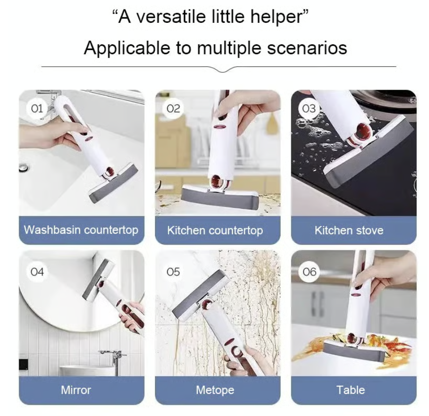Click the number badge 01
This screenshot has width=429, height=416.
coord(37,108)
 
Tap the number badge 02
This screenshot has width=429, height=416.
coord(173,108)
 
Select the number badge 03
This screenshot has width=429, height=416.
coord(309,108)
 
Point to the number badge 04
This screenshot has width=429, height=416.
coord(37,272)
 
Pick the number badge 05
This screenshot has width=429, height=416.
coord(173,272)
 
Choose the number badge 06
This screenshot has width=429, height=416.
coord(309,272)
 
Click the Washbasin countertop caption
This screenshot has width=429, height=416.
coord(81,230)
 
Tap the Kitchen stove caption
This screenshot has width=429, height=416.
coord(349,230)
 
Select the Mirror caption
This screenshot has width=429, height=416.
coord(76,390)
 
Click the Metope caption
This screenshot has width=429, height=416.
coord(215,390)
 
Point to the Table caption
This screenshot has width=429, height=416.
coord(351,390)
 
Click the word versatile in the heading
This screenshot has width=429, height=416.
coord(171,16)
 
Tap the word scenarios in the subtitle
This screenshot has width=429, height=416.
coord(307,48)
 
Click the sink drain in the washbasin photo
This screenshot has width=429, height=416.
coord(23,167)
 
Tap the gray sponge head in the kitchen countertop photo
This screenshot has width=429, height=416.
coord(220,199)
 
